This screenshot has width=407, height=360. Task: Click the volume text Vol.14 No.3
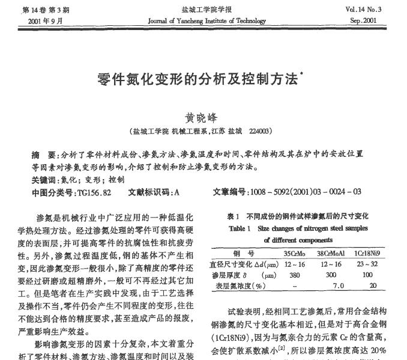[364, 10]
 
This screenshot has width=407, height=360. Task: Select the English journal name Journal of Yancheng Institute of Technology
[207, 20]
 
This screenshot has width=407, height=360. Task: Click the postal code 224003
[260, 130]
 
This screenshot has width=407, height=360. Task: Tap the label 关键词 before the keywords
[45, 180]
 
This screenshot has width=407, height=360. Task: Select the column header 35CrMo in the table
[294, 254]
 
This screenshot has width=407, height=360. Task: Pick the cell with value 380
[294, 275]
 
